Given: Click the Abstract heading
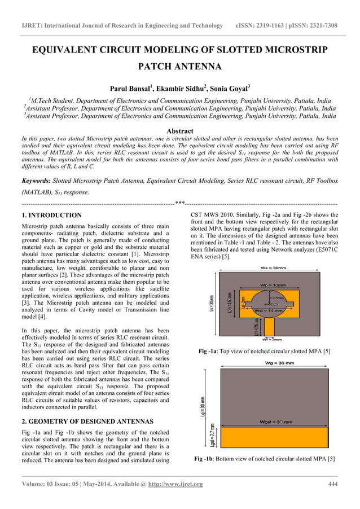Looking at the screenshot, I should coord(179,130).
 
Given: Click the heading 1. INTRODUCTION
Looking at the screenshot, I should coord(51,216).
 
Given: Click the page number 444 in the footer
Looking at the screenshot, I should coord(333,484).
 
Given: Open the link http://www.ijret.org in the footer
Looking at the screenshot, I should coord(175,484).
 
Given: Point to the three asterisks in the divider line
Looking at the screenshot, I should coord(180,203).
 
